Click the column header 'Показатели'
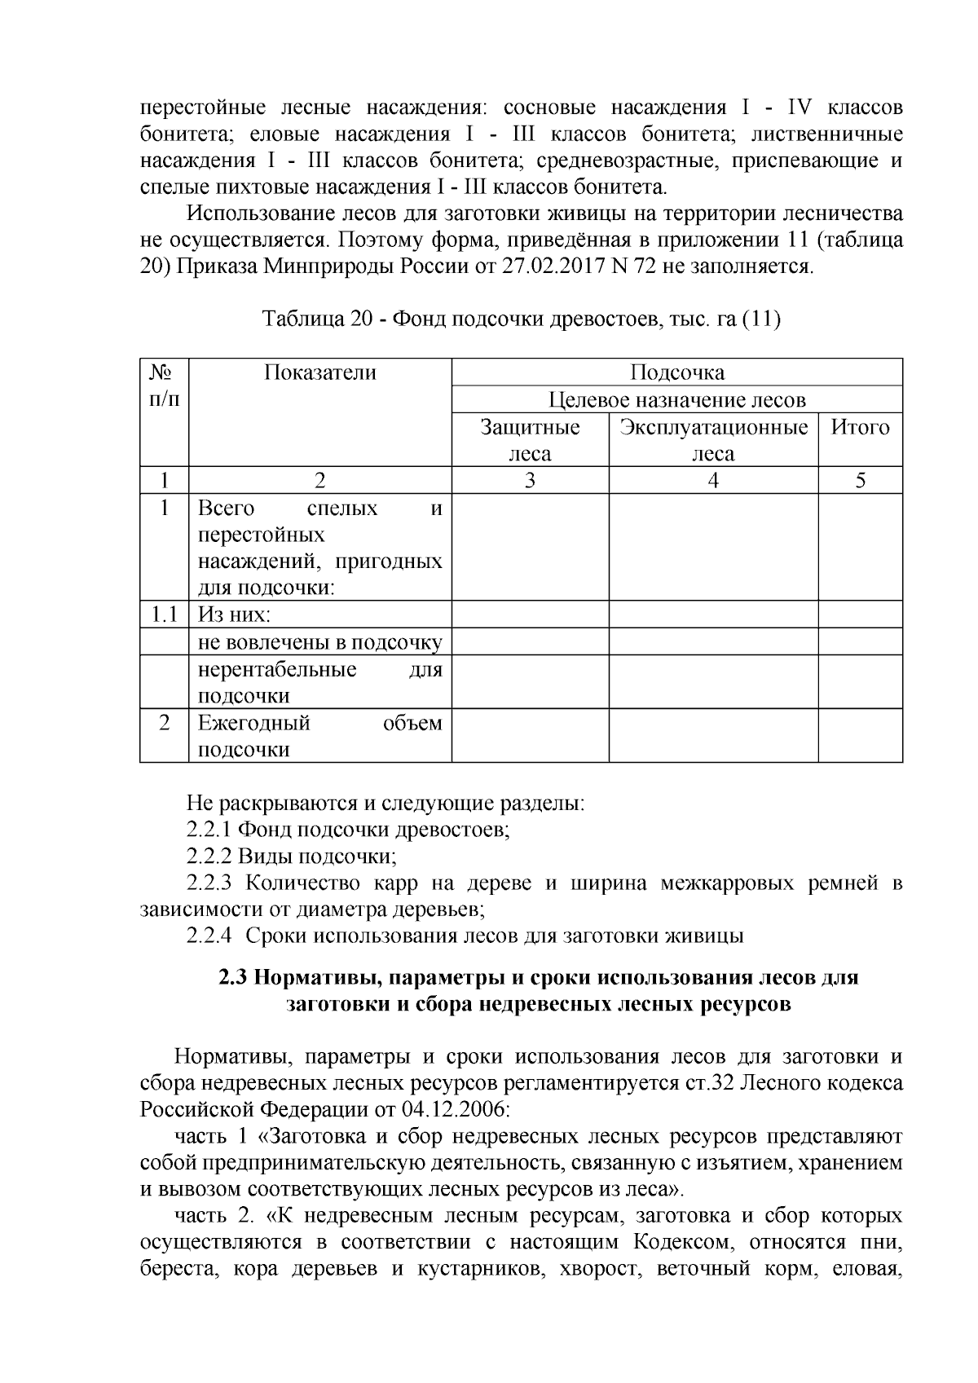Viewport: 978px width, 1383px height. click(319, 373)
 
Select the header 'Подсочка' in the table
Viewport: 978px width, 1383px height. click(676, 373)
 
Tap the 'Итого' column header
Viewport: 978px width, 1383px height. click(860, 428)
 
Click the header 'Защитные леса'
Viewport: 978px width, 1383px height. click(530, 440)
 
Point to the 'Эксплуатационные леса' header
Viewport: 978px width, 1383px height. click(713, 440)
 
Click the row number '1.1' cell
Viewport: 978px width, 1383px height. click(164, 615)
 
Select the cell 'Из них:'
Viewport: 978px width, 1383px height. click(235, 615)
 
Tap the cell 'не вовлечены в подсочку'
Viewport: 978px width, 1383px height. click(319, 642)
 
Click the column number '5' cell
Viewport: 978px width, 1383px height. click(860, 481)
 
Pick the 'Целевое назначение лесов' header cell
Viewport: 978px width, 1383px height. click(676, 400)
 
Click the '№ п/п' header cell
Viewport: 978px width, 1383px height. click(164, 386)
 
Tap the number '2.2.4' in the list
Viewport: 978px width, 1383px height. click(209, 936)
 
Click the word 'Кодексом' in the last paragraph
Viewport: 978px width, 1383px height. click(676, 1243)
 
